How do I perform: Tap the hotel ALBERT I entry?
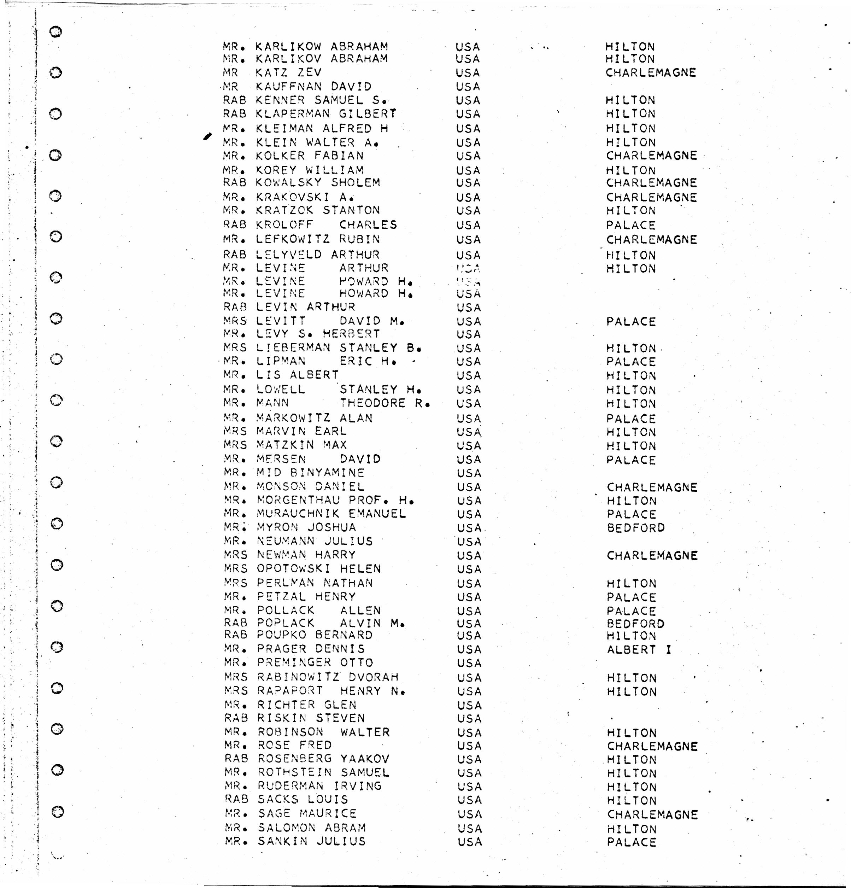pos(639,649)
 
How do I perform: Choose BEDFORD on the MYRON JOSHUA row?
pos(635,528)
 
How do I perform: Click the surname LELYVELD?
pos(288,255)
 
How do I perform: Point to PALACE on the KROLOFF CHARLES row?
pos(631,225)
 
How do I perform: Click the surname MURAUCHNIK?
pos(298,514)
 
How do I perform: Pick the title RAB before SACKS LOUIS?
pos(236,799)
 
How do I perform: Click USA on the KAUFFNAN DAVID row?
pos(468,87)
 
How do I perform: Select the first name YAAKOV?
pos(365,758)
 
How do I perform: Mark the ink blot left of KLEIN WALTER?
pos(207,136)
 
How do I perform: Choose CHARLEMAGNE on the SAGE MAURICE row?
pos(652,814)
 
